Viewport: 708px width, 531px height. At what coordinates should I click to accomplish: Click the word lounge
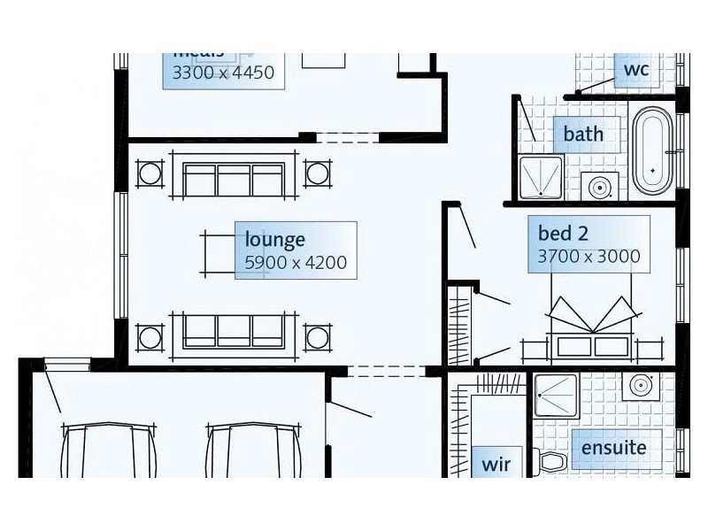click(275, 240)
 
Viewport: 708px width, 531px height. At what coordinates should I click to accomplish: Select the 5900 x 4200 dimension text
click(295, 262)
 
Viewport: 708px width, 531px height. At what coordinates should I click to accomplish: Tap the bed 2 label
click(563, 234)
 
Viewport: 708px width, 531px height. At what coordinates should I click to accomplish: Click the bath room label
click(583, 135)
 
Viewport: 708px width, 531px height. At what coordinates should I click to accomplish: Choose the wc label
click(636, 70)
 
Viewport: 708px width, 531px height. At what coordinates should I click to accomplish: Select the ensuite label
click(613, 448)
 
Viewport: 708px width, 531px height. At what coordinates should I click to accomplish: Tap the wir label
click(496, 463)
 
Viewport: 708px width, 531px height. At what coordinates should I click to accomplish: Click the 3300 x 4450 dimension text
click(223, 73)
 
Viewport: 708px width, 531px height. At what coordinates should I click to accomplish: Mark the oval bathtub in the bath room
click(653, 151)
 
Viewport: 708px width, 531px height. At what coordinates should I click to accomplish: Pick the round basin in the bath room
click(600, 188)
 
